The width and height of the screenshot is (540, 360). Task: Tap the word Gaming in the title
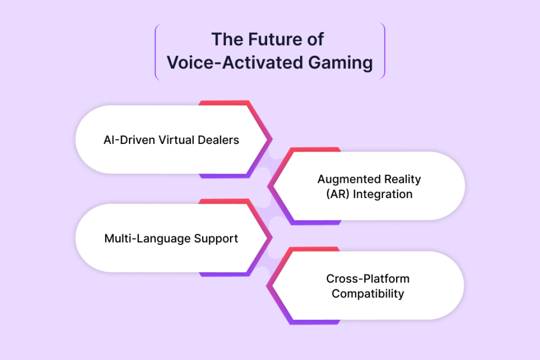pyautogui.click(x=340, y=63)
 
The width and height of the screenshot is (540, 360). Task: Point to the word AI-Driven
pyautogui.click(x=129, y=140)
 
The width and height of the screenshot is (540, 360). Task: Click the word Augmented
pyautogui.click(x=349, y=179)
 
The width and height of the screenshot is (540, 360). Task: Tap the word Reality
pyautogui.click(x=402, y=179)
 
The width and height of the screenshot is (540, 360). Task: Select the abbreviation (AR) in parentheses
pyautogui.click(x=338, y=194)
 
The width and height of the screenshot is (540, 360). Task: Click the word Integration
pyautogui.click(x=383, y=195)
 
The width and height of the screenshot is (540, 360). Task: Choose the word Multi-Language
pyautogui.click(x=147, y=239)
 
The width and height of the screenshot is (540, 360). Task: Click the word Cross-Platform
pyautogui.click(x=368, y=278)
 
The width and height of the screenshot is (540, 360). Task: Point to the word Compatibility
pyautogui.click(x=368, y=294)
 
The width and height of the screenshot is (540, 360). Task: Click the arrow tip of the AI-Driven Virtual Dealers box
pyautogui.click(x=272, y=139)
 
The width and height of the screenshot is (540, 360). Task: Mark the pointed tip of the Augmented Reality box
pyautogui.click(x=268, y=186)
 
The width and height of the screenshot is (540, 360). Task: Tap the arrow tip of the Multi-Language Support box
pyautogui.click(x=272, y=237)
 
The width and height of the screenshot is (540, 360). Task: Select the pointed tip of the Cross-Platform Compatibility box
pyautogui.click(x=267, y=286)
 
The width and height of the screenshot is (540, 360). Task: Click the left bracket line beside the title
pyautogui.click(x=156, y=52)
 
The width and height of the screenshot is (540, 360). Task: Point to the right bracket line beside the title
pyautogui.click(x=384, y=51)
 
